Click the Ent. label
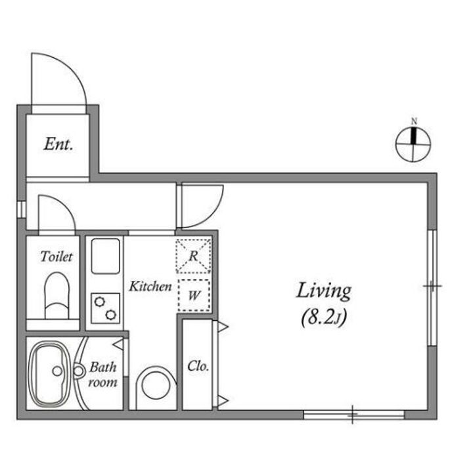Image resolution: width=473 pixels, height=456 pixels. coord(58,144)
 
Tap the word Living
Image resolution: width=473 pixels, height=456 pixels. coord(324,291)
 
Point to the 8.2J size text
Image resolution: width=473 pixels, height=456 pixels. coord(324,318)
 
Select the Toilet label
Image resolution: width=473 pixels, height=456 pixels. coord(56,257)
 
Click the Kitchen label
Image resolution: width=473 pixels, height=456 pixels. coord(150,286)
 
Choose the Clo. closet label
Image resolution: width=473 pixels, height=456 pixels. coord(198,366)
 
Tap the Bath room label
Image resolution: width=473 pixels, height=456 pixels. coord(103,375)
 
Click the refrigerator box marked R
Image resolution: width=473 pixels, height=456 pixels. coord(193,256)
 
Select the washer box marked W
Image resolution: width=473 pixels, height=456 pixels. coord(194,295)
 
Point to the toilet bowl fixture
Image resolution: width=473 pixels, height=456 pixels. coord(57,295)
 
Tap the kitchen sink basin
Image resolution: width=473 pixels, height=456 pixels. coord(106,256)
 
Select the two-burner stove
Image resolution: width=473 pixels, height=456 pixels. coord(106,308)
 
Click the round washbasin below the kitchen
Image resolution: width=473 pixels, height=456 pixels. coord(156,386)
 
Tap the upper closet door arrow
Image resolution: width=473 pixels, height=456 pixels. coord(223,327)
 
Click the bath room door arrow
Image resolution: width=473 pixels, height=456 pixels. coord(118,344)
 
